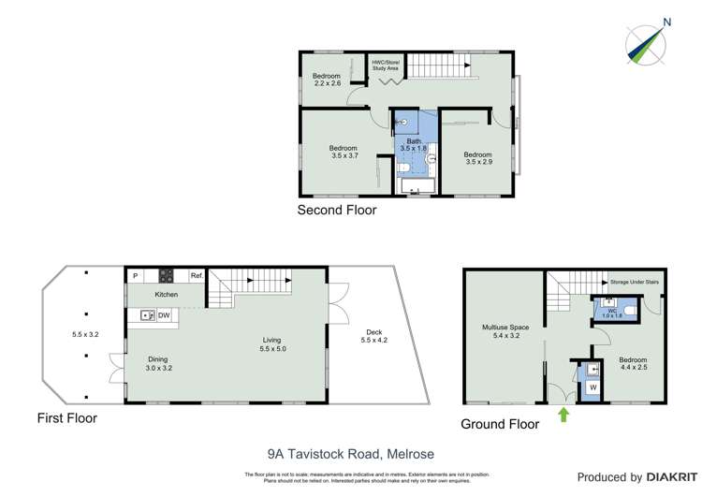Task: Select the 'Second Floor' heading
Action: (336, 211)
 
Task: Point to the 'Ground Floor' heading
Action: (500, 424)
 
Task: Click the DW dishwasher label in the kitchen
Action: (163, 315)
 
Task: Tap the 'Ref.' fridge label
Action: (197, 276)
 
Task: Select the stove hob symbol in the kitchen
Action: (167, 276)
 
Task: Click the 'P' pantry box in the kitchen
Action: (135, 276)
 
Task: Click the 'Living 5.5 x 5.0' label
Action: (271, 344)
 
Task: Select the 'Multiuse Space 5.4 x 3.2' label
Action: (505, 332)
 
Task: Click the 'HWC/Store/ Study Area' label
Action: (385, 66)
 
